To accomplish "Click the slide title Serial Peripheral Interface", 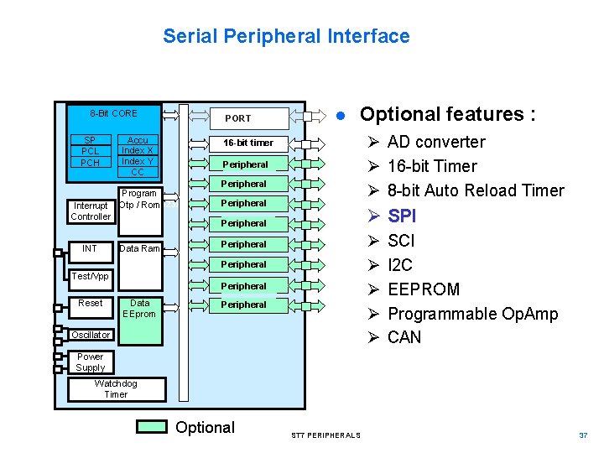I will [286, 36].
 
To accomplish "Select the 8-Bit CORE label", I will [113, 113].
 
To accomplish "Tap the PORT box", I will [238, 118].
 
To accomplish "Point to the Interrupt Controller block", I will [91, 211].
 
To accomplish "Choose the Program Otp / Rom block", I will [139, 199].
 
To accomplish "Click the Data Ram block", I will [139, 248].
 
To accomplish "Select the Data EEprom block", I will [139, 309].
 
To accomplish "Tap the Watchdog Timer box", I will [117, 389].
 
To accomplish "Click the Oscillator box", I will [91, 335].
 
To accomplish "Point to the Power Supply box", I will [91, 362].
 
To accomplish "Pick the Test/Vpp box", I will [91, 276].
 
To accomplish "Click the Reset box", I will [91, 303].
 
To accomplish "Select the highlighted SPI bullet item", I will [402, 216].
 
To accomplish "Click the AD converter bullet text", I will [436, 142].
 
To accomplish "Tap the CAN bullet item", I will [404, 337].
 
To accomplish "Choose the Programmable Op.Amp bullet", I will [472, 314].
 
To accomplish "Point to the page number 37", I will [583, 435].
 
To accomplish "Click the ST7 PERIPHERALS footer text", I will [325, 435].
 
